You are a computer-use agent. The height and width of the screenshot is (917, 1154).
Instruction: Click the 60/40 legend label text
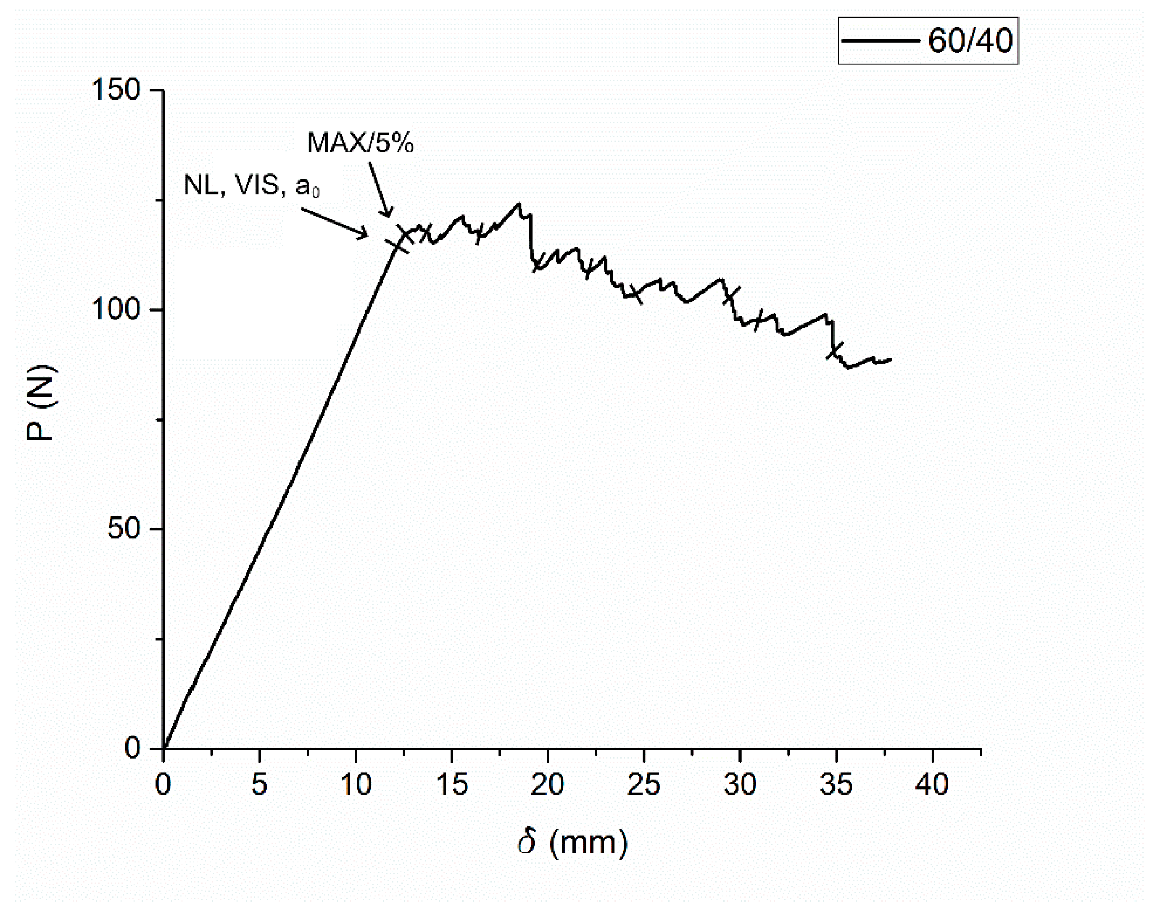(x=970, y=41)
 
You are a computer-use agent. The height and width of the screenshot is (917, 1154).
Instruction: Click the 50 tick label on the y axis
(x=124, y=528)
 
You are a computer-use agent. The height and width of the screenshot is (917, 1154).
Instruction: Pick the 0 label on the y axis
(x=132, y=747)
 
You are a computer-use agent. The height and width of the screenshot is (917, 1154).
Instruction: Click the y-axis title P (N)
(x=41, y=403)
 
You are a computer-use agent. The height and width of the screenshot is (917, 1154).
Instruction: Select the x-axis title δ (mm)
(x=573, y=843)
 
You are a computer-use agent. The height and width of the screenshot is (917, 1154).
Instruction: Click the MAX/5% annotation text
(x=360, y=143)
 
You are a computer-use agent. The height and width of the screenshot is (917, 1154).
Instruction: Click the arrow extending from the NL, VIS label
(x=334, y=222)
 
